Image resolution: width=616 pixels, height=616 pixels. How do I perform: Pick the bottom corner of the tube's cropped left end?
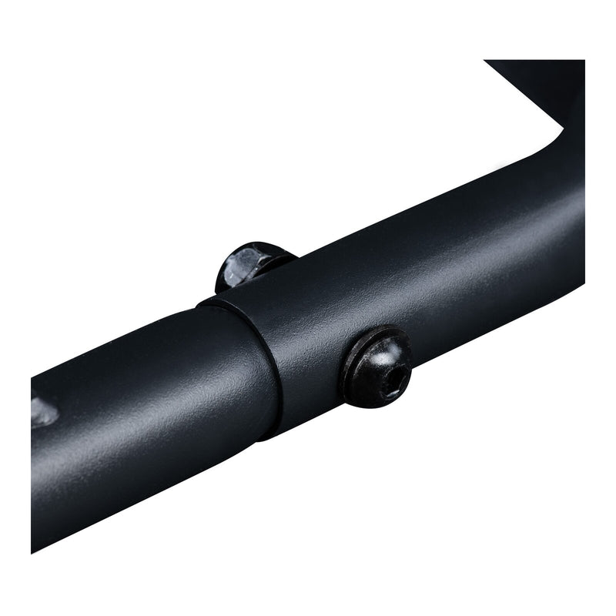32,551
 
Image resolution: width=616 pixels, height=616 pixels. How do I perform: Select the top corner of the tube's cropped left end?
32,377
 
